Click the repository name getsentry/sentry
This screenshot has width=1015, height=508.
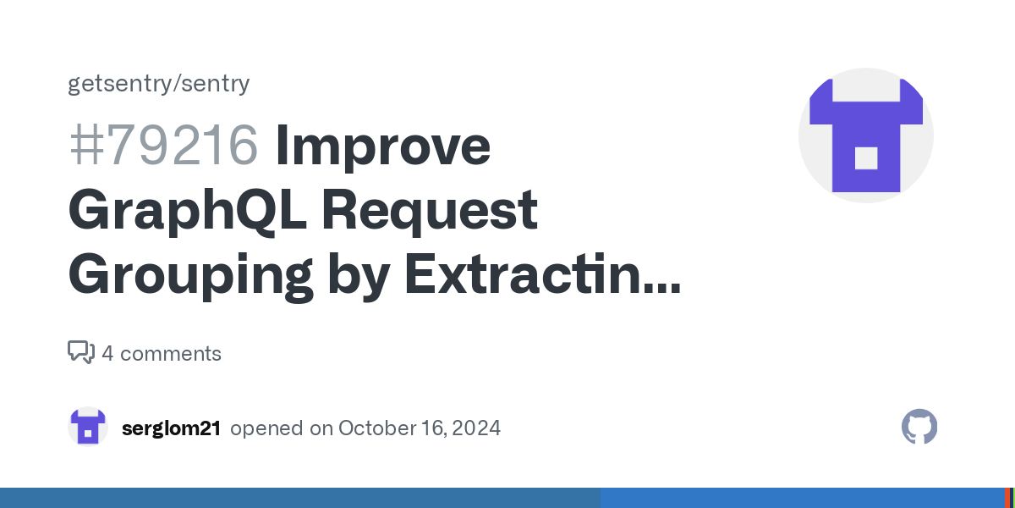(x=159, y=84)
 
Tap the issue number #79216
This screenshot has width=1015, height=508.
(x=164, y=145)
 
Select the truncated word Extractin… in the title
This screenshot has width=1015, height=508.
(x=542, y=273)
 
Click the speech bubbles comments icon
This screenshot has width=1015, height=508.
(x=81, y=352)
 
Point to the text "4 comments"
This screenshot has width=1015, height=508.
(x=162, y=353)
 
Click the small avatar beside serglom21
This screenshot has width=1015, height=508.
(x=88, y=427)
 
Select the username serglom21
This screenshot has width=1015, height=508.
(x=171, y=428)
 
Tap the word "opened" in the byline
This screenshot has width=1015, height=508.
(x=266, y=428)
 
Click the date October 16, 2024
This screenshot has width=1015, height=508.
(x=420, y=428)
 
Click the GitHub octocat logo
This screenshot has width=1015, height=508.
(x=919, y=427)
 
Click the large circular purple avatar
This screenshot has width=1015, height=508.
(x=866, y=135)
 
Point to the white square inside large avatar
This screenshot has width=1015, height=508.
(x=866, y=158)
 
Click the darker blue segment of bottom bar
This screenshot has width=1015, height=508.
(x=300, y=498)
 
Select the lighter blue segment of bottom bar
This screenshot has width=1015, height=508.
(x=803, y=498)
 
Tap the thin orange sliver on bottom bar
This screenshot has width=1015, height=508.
(x=1007, y=498)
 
